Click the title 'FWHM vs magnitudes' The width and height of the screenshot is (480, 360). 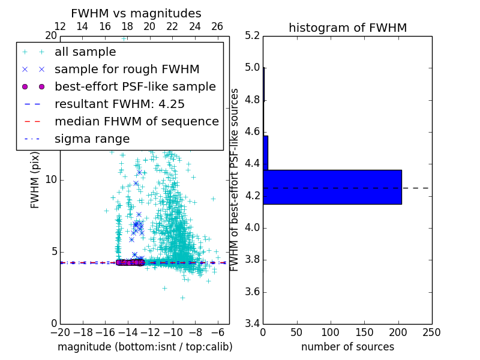click(136, 13)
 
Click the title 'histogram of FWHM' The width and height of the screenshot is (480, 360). click(347, 28)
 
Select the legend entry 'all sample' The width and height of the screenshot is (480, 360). click(85, 52)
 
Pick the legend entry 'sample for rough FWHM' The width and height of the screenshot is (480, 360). click(127, 69)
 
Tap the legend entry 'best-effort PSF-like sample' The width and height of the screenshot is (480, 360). click(135, 86)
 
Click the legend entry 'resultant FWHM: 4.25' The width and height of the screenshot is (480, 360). click(119, 104)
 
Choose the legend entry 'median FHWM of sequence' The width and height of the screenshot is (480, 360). click(136, 121)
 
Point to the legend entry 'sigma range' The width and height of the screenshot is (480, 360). click(92, 139)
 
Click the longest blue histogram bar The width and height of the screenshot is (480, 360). click(332, 187)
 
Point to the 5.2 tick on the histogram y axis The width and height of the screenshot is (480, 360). click(253, 36)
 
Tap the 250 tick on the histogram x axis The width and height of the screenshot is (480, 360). click(431, 332)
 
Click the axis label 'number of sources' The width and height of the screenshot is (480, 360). click(347, 347)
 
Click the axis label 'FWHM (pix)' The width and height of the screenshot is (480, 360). click(35, 180)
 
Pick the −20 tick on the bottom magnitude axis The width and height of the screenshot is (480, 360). click(60, 332)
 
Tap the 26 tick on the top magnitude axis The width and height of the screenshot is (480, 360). click(217, 26)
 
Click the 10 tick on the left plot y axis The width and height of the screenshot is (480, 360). click(52, 180)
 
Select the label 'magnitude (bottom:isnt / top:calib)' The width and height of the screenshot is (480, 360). click(145, 347)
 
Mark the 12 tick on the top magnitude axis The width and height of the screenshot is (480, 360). click(60, 26)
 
